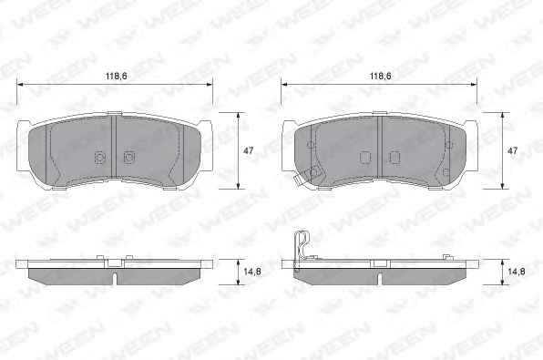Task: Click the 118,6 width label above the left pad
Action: [x=117, y=76]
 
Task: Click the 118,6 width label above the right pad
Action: [x=381, y=76]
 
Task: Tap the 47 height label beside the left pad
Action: [x=249, y=150]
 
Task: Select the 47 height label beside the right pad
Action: [x=512, y=150]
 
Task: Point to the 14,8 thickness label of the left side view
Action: [x=252, y=272]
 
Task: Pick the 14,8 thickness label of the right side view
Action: [x=517, y=272]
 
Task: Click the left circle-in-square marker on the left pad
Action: [x=99, y=158]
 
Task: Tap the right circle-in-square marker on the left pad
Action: [x=129, y=158]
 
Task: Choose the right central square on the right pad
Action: [x=394, y=158]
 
